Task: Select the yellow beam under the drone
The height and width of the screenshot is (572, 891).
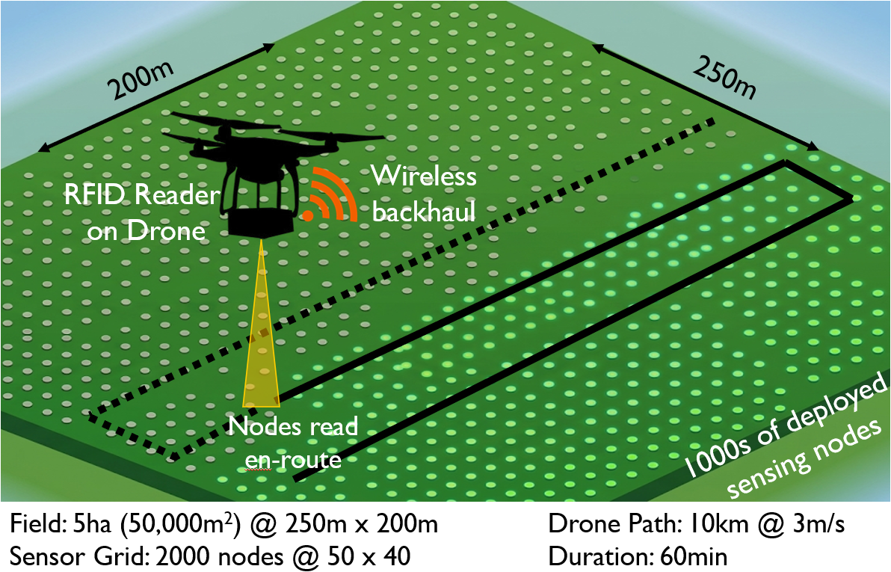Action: coord(262,324)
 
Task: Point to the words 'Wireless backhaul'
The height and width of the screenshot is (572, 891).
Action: coord(424,194)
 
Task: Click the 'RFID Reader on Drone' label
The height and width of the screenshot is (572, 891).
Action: coord(141,213)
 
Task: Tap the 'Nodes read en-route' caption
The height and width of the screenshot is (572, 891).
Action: coord(293,443)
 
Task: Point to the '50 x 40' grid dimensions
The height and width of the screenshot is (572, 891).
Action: coord(369,556)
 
